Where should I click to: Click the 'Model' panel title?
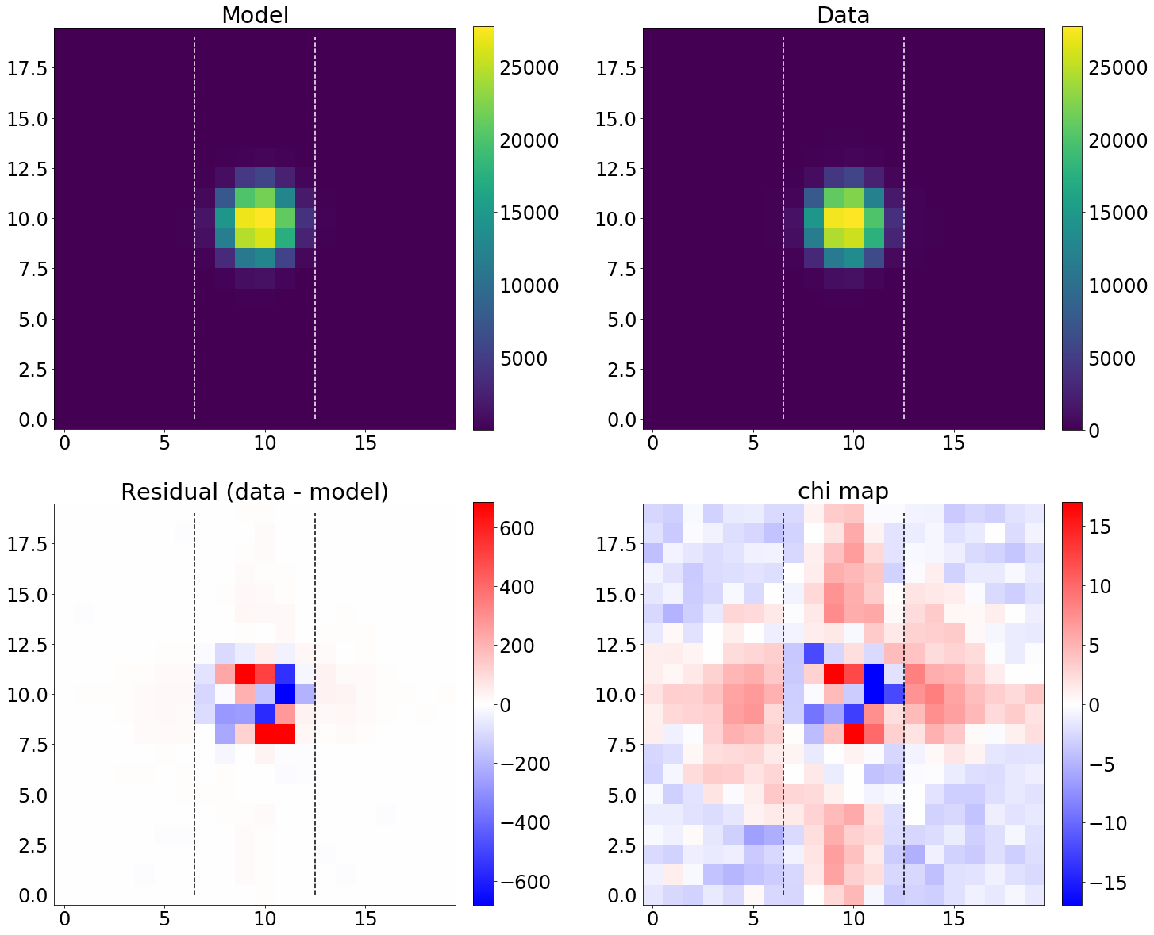point(255,15)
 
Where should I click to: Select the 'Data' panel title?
point(843,15)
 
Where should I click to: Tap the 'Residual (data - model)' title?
point(255,492)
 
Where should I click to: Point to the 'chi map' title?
point(843,492)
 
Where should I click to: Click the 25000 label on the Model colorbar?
point(529,67)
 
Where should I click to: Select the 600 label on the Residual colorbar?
point(517,528)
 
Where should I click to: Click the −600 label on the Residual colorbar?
point(521,882)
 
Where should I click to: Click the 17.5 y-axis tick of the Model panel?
point(27,67)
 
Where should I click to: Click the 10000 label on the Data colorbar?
point(1117,285)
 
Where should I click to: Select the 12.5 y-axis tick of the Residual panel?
point(27,644)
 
